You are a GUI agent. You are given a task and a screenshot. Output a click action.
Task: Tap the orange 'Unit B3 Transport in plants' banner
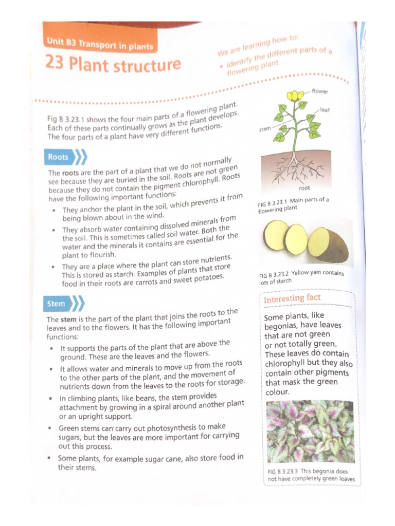100,44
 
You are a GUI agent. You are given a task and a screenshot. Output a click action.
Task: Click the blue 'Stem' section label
56,304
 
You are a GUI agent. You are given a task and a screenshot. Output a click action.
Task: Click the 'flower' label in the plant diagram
319,91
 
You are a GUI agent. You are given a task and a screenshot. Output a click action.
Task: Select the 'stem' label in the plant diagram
264,129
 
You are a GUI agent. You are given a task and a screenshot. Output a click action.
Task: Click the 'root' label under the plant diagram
304,188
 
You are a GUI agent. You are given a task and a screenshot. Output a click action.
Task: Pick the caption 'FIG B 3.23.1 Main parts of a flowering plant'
293,204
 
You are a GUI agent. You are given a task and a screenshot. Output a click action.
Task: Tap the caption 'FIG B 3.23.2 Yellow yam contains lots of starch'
301,277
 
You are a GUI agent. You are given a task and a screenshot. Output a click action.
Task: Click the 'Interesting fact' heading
292,298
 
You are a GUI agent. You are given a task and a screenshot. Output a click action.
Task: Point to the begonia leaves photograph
310,431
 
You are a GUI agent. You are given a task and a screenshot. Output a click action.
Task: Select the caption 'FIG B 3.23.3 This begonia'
310,475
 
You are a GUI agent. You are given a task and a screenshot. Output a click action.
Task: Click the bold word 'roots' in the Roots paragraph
71,173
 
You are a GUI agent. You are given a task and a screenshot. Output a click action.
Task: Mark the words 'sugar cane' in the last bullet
178,458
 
